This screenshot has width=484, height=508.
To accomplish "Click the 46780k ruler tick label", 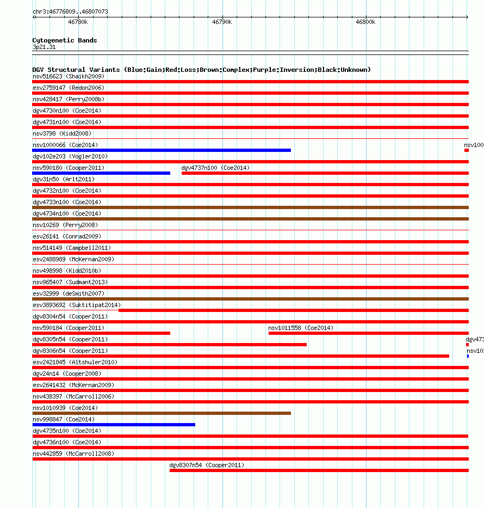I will coord(78,22).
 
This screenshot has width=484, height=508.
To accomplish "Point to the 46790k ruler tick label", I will coord(221,22).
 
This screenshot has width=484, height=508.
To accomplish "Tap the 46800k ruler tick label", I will coord(365,22).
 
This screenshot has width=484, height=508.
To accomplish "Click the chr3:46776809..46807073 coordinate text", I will coord(70,11).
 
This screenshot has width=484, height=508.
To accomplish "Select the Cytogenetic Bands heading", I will coord(65,40).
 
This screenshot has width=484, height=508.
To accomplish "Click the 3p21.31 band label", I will coord(44,47).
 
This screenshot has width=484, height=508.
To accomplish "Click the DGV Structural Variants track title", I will coord(201,70).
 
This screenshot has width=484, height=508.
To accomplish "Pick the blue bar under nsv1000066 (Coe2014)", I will coord(162,150).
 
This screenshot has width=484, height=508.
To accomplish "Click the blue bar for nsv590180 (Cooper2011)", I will coord(101,173).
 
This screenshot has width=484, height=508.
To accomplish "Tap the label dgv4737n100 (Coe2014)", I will coord(215,168).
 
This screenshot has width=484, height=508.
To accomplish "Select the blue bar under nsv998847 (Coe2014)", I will coord(114,425).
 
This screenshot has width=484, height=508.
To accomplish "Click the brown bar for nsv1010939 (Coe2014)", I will coord(162,413).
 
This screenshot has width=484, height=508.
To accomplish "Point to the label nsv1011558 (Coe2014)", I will coord(301,328).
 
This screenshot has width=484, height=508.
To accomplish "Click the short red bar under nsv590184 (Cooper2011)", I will coord(101,333).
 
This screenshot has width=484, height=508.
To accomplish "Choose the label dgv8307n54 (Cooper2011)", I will coord(207,465).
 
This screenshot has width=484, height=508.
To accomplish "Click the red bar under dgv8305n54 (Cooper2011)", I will coord(169,345).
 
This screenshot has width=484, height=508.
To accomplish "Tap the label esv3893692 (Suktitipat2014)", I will coord(77,305).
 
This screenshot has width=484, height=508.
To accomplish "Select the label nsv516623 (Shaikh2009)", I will coord(69,76).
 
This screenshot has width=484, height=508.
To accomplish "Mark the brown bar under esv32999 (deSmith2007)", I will coord(250,299).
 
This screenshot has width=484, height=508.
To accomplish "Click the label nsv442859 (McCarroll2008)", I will coord(73,454).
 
